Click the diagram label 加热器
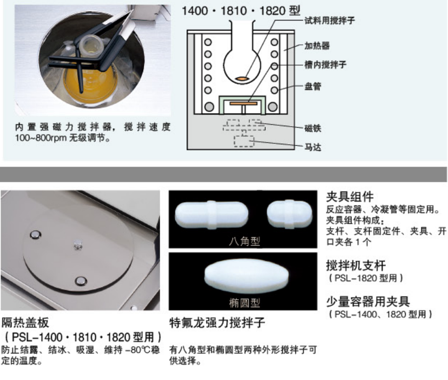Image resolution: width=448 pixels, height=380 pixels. [x=317, y=45]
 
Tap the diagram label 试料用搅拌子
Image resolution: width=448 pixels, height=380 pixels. [x=329, y=20]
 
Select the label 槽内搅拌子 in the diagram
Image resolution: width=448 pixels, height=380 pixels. [x=325, y=65]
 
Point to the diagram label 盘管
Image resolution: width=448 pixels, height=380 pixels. [x=312, y=86]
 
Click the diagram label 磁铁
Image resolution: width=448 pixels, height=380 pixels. [x=312, y=128]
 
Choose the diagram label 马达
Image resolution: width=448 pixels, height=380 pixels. [x=312, y=147]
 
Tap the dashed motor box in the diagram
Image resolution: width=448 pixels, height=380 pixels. [x=244, y=141]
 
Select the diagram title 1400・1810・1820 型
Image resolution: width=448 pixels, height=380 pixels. [x=241, y=11]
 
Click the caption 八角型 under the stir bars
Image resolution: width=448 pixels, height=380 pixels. [x=244, y=241]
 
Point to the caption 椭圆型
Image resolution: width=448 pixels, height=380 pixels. [x=244, y=303]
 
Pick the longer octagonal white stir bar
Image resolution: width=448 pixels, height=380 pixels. [x=211, y=215]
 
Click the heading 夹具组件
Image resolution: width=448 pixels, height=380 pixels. [x=350, y=197]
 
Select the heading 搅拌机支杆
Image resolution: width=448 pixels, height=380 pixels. [x=356, y=265]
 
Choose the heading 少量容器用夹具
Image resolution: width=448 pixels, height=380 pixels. [x=368, y=302]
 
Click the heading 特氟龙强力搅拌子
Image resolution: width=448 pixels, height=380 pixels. [x=217, y=323]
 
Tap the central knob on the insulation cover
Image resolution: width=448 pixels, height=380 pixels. [x=78, y=246]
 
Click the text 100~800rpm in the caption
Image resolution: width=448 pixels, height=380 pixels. [x=41, y=138]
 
